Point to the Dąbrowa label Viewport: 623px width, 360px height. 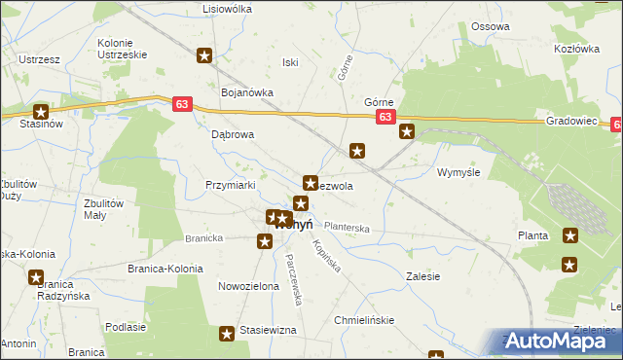[x=233, y=135]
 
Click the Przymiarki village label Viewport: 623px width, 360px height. [x=230, y=184]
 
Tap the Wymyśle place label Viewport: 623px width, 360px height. [x=459, y=171]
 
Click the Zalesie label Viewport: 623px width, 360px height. [x=422, y=276]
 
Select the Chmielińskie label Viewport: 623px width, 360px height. [x=363, y=319]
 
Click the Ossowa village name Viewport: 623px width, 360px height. [x=490, y=26]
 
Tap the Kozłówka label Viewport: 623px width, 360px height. [x=573, y=48]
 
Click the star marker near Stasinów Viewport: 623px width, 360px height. [x=41, y=112]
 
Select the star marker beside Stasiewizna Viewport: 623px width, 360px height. [x=228, y=334]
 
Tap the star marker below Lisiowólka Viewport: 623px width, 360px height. [x=204, y=55]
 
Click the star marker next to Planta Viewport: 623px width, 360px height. [x=570, y=234]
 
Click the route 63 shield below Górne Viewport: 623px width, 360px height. [x=385, y=118]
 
